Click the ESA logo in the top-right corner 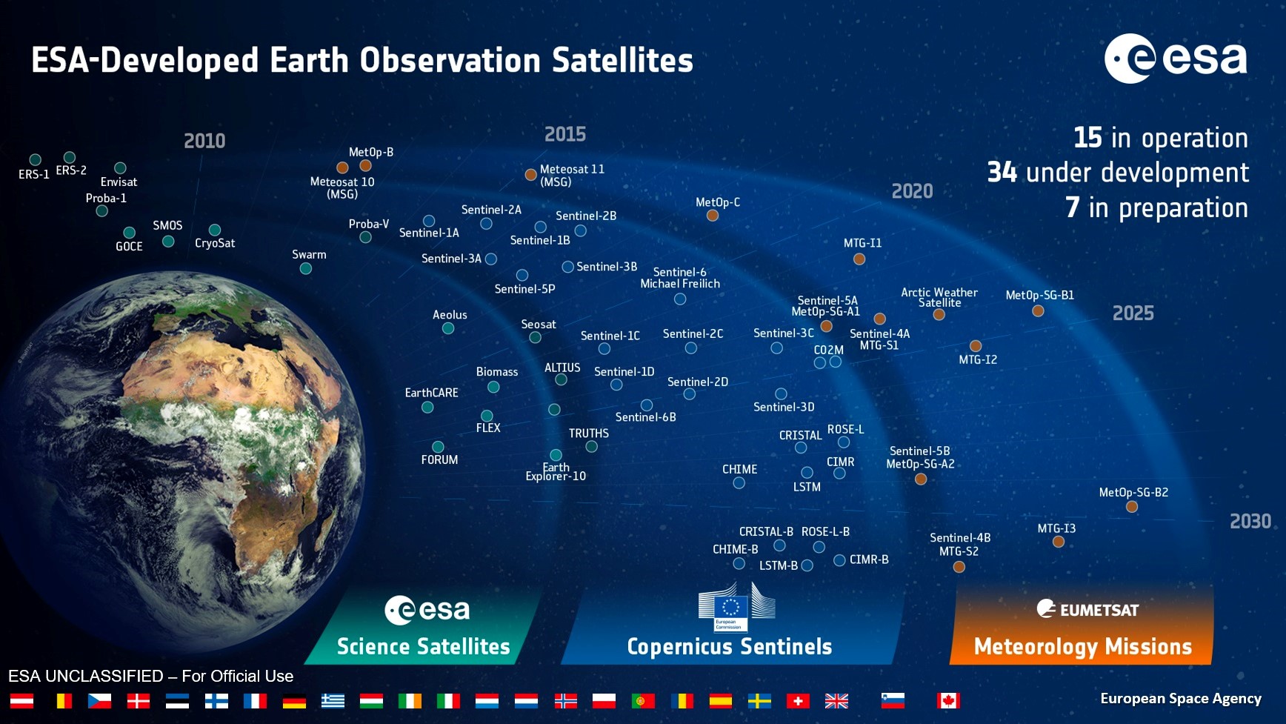point(1176,59)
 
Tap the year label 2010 point(204,141)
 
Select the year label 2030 point(1250,522)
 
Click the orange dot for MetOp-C point(713,216)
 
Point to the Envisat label point(119,182)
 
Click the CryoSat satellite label point(215,243)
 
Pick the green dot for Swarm point(306,268)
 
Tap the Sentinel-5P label point(524,289)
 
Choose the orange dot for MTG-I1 point(859,259)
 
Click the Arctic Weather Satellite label point(939,297)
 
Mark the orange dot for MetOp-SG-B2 point(1132,507)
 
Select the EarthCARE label point(431,393)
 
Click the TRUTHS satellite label point(589,434)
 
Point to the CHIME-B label point(735,549)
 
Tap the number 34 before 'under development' point(1002,173)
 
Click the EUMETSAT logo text point(1099,610)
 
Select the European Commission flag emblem point(731,608)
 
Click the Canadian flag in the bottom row point(948,700)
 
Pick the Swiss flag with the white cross point(798,700)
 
